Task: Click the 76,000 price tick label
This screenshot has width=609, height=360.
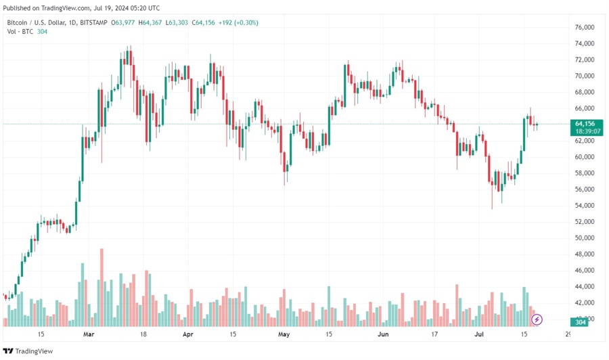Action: coord(585,27)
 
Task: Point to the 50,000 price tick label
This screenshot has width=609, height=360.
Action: coord(585,238)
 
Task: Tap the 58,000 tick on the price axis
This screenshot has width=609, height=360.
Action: coord(585,173)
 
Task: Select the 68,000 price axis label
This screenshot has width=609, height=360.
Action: coord(585,92)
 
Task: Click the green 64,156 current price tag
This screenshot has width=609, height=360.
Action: coord(584,124)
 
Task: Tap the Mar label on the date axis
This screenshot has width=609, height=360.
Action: coord(89,334)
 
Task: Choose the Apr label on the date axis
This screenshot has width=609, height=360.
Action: coord(188,334)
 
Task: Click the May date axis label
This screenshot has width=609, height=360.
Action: coord(284,334)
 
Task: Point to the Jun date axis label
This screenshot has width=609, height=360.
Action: coord(383,334)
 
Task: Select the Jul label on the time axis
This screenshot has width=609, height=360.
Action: coord(479,334)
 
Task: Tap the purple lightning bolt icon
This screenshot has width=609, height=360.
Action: coord(537,319)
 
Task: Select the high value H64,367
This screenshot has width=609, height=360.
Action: coord(150,22)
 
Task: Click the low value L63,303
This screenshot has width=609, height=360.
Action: coord(179,22)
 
